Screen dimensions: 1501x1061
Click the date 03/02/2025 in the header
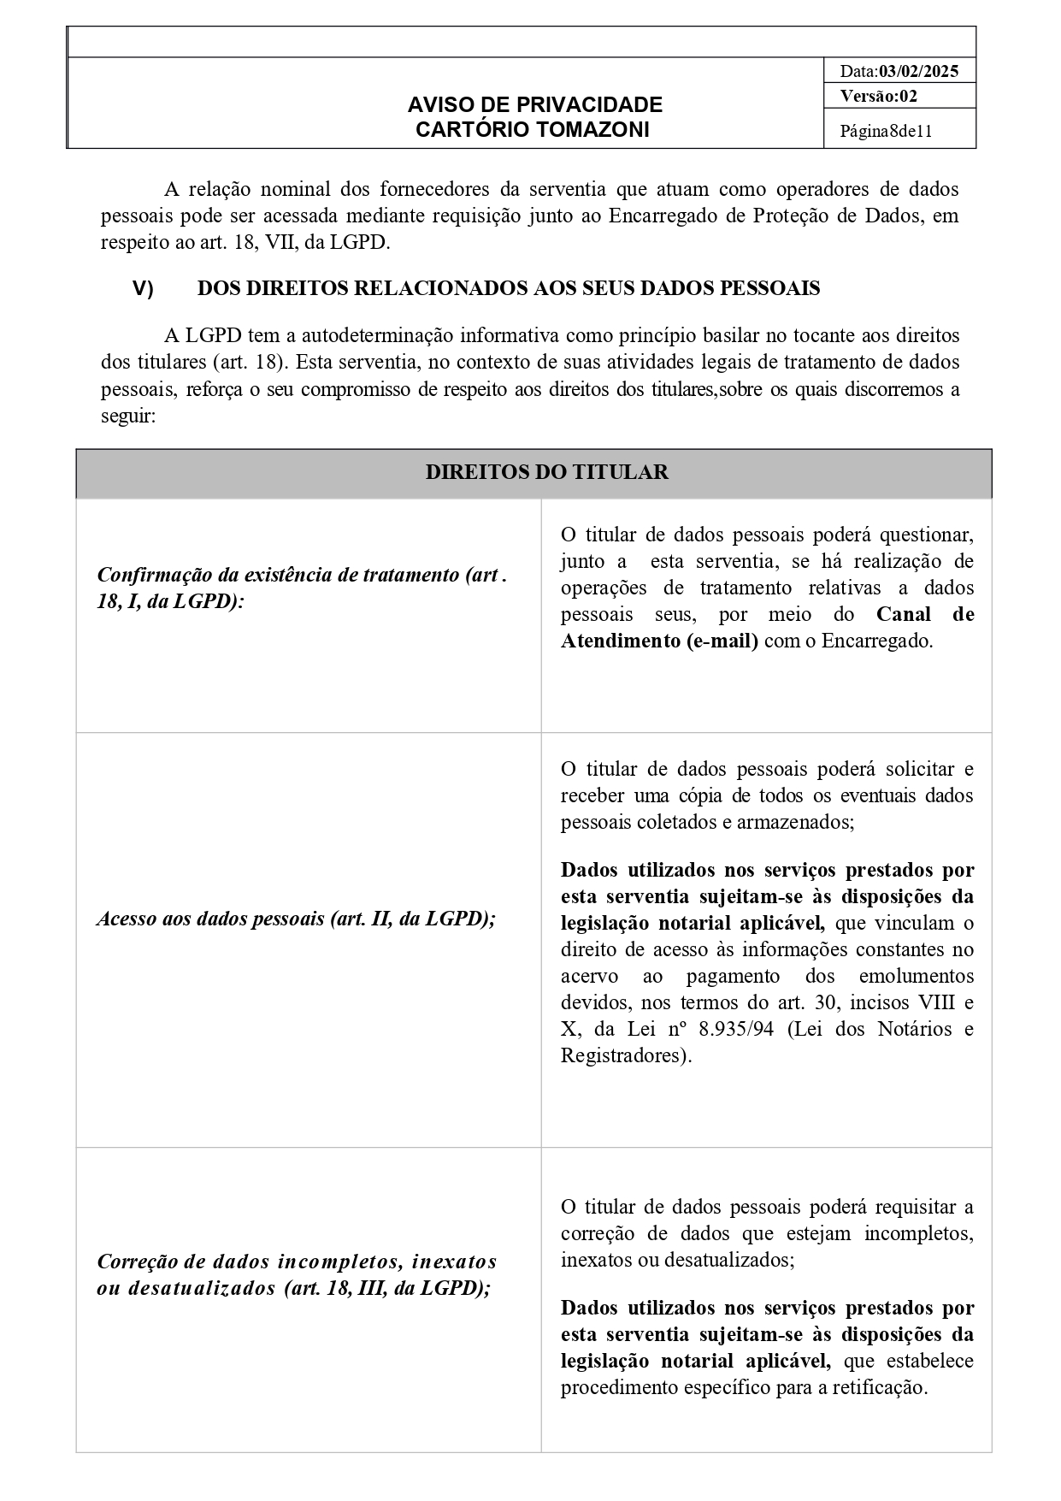coord(918,72)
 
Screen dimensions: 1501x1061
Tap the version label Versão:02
coord(878,96)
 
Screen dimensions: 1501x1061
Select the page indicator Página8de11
coord(886,132)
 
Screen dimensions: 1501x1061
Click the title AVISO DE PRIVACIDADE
coord(534,104)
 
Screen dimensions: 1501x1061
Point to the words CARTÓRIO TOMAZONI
coord(532,129)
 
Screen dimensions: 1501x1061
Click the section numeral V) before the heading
coord(143,289)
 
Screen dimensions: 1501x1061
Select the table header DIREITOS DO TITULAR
coord(546,472)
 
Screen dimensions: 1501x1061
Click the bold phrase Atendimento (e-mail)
coord(659,641)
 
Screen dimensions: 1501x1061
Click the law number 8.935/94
coord(736,1029)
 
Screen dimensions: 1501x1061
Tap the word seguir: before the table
coord(128,416)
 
